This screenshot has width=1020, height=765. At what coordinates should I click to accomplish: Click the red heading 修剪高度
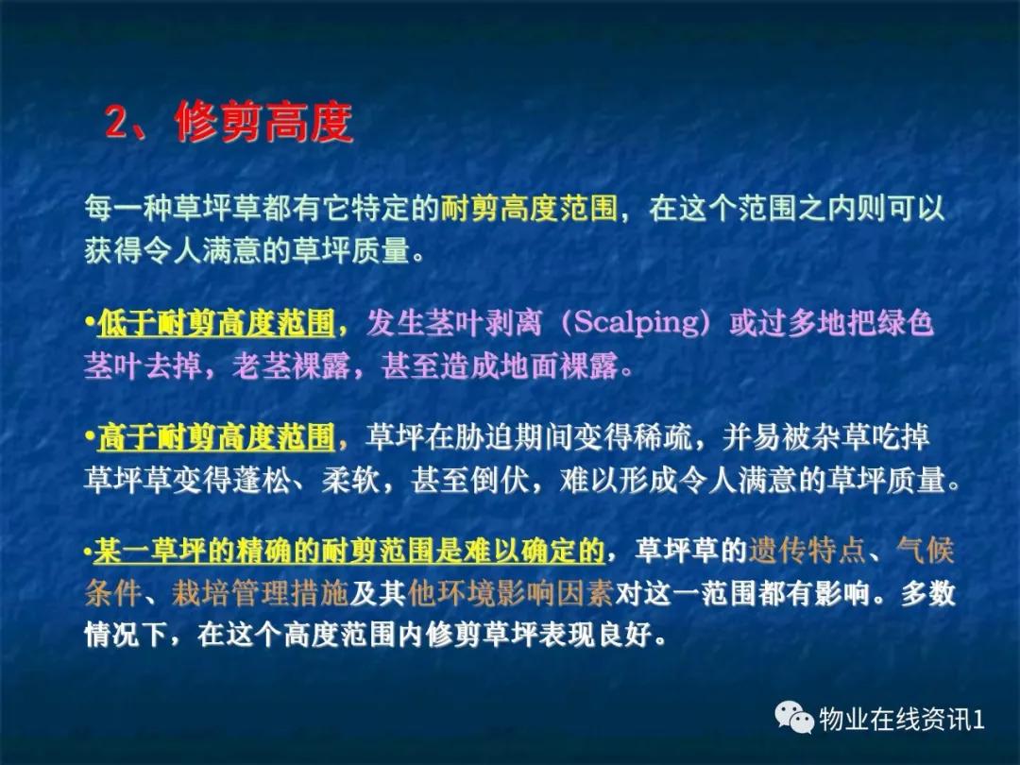pyautogui.click(x=263, y=124)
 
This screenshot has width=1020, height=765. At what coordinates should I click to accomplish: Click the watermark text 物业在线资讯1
pyautogui.click(x=903, y=720)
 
